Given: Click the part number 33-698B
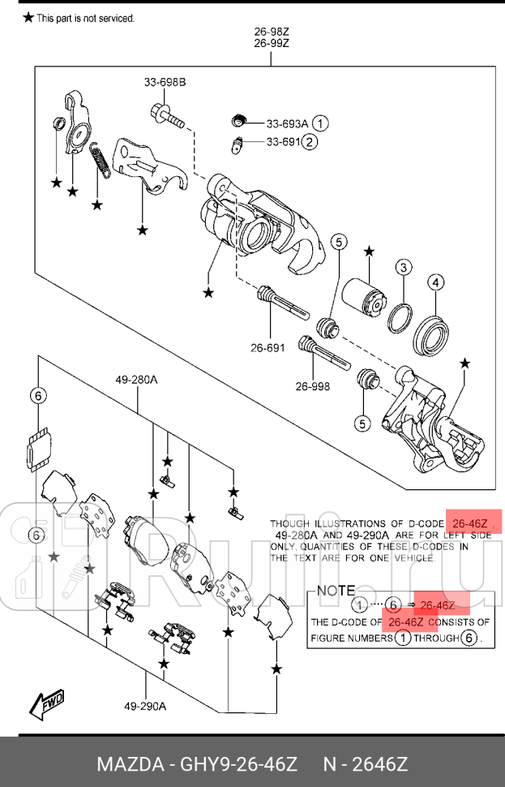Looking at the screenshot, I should [x=165, y=82].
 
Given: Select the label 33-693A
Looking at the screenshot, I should [x=287, y=124].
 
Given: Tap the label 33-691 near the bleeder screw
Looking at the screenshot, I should [x=283, y=143].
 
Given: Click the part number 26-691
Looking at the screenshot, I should [x=267, y=348].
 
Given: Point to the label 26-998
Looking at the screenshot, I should [x=312, y=386].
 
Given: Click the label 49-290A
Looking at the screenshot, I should [x=146, y=705].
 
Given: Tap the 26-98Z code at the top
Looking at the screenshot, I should [x=272, y=32].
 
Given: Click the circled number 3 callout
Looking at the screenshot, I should [x=404, y=269].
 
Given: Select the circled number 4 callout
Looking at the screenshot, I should [x=436, y=282].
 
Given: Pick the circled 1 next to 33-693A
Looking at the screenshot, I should [x=321, y=124].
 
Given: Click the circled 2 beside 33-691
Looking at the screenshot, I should [x=310, y=143].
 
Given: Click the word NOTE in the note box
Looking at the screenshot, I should [x=335, y=591].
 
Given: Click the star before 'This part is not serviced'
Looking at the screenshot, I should [x=28, y=17].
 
